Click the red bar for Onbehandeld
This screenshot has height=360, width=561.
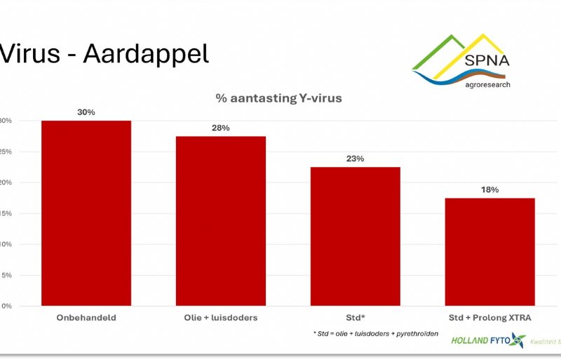pos(86,213)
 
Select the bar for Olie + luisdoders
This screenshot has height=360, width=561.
pos(221,221)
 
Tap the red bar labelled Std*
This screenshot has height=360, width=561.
pos(355,236)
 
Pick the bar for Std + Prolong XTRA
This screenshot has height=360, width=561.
pos(489,252)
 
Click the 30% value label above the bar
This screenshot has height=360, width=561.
pos(86,112)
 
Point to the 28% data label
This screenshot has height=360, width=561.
pos(221,128)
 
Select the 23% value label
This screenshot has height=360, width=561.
pos(355,159)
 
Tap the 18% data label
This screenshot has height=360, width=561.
pos(489,189)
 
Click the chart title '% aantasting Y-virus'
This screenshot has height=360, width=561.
pos(279,98)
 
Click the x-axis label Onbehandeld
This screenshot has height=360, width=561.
pos(86,318)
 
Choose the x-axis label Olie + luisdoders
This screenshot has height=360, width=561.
pos(221,318)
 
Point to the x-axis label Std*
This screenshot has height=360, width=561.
pos(355,318)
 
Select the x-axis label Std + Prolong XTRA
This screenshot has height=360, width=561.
pos(489,318)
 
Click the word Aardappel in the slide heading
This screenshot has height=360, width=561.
pos(146,54)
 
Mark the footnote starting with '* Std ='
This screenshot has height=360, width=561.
pos(375,333)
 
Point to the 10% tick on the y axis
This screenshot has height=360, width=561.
pos(5,244)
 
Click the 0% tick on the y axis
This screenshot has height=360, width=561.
pos(6,306)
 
